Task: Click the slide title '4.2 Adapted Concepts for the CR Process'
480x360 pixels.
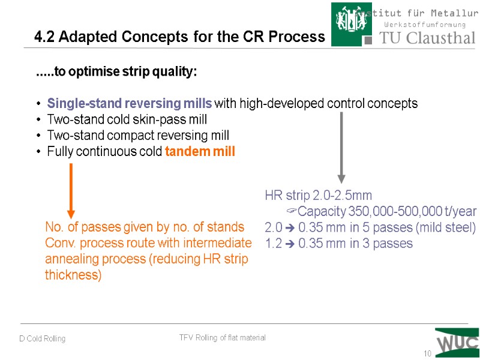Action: pyautogui.click(x=179, y=37)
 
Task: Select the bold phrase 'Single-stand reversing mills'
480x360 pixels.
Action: pyautogui.click(x=129, y=103)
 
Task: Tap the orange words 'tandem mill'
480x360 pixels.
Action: pyautogui.click(x=200, y=152)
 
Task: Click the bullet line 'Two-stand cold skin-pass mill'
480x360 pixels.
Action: pyautogui.click(x=127, y=119)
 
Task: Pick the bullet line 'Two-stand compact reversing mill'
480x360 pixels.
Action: pyautogui.click(x=138, y=136)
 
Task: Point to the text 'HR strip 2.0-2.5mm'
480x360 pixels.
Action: pyautogui.click(x=318, y=196)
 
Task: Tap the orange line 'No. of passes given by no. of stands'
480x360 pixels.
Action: pyautogui.click(x=145, y=227)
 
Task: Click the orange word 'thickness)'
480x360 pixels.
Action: pyautogui.click(x=73, y=275)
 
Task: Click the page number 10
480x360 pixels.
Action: pyautogui.click(x=427, y=353)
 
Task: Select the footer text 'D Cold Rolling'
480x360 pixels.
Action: pyautogui.click(x=42, y=339)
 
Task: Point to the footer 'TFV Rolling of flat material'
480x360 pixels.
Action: pyautogui.click(x=222, y=338)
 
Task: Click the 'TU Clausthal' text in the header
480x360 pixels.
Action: pyautogui.click(x=427, y=38)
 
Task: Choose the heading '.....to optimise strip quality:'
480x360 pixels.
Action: pyautogui.click(x=116, y=73)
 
